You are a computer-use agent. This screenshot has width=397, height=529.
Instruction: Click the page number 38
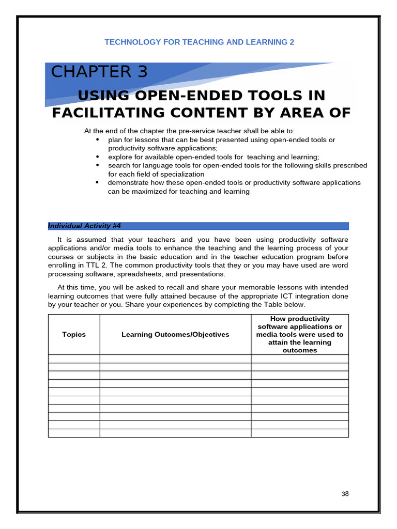click(x=345, y=494)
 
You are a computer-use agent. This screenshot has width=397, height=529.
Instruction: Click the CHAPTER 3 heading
click(x=99, y=72)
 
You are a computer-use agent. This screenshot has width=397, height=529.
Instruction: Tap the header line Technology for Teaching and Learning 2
click(x=199, y=42)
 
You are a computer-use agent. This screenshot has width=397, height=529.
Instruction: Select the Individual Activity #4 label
click(x=84, y=226)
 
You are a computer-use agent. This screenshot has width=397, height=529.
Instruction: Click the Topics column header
click(x=74, y=334)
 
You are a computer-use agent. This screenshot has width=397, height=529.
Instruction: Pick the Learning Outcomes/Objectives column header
click(x=175, y=334)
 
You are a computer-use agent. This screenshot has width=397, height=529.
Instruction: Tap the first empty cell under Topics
click(x=74, y=359)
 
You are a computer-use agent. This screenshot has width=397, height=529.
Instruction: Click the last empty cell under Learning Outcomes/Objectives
click(x=175, y=433)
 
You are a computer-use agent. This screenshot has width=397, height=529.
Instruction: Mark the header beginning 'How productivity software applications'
click(x=300, y=334)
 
